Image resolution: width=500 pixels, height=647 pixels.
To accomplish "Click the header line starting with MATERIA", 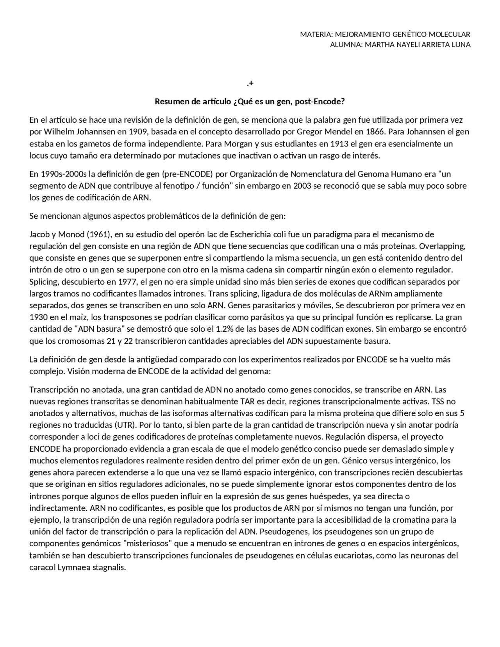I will pos(385,34).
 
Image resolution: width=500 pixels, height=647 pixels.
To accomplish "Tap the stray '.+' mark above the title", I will pos(250,83).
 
